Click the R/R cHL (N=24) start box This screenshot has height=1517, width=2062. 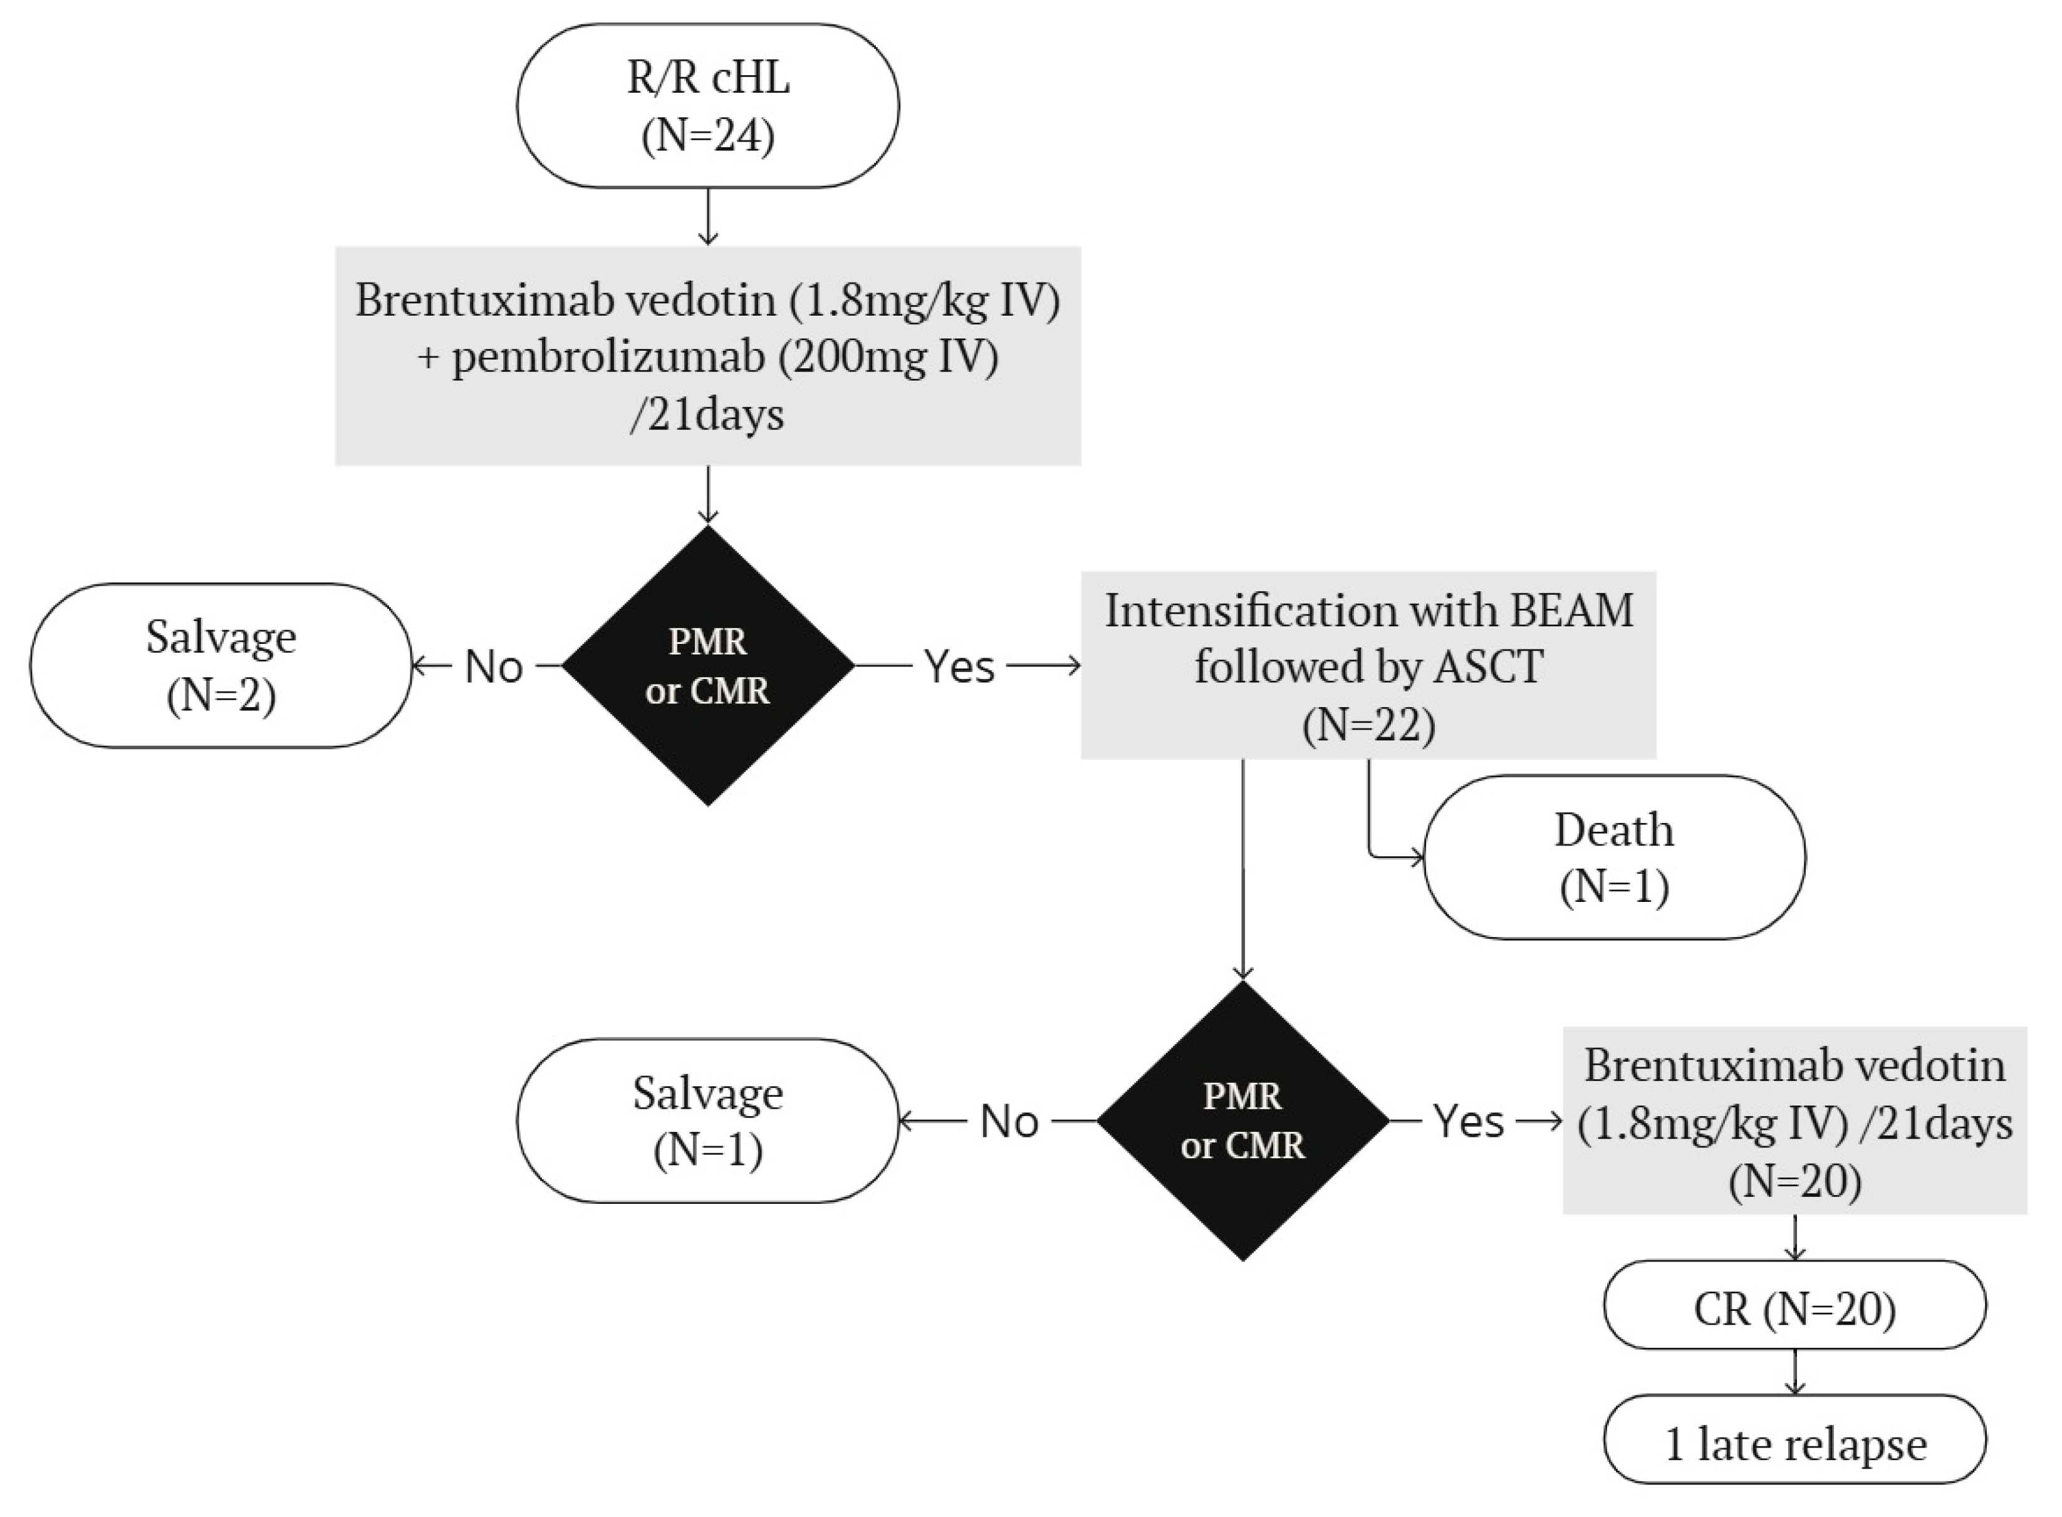point(707,106)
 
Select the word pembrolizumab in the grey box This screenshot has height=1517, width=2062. point(608,356)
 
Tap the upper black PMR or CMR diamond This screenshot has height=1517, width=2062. point(707,666)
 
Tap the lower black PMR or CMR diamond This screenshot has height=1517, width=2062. point(1242,1121)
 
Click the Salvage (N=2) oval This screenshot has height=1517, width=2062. point(221,666)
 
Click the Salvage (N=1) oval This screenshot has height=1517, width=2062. point(707,1121)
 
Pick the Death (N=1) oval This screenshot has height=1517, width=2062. point(1614,857)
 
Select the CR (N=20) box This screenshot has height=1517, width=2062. point(1794,1308)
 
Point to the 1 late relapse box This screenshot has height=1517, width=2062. point(1794,1444)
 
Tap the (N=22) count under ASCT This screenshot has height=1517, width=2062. point(1368,725)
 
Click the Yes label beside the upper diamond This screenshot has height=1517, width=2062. point(959,666)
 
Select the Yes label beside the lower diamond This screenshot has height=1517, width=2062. point(1468,1121)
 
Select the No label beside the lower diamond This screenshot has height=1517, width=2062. point(1009,1121)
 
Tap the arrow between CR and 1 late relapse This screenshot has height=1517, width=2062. point(1794,1372)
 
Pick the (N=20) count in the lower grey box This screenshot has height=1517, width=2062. point(1794,1181)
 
